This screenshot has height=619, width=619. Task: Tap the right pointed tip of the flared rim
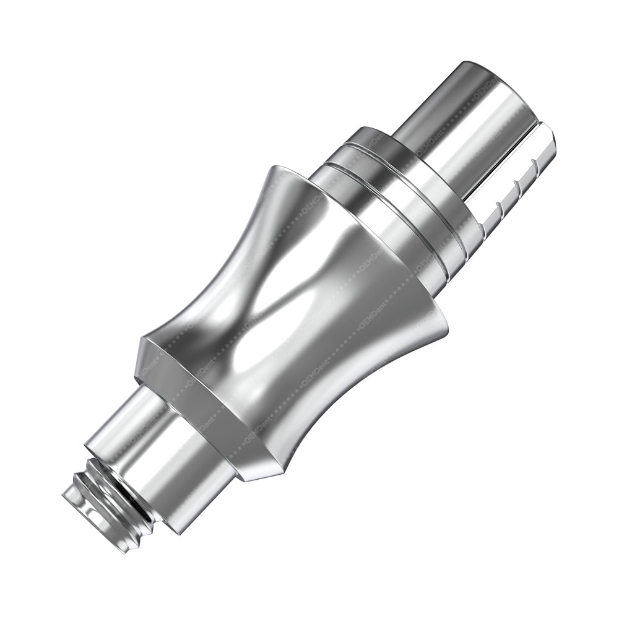[x=446, y=322]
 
